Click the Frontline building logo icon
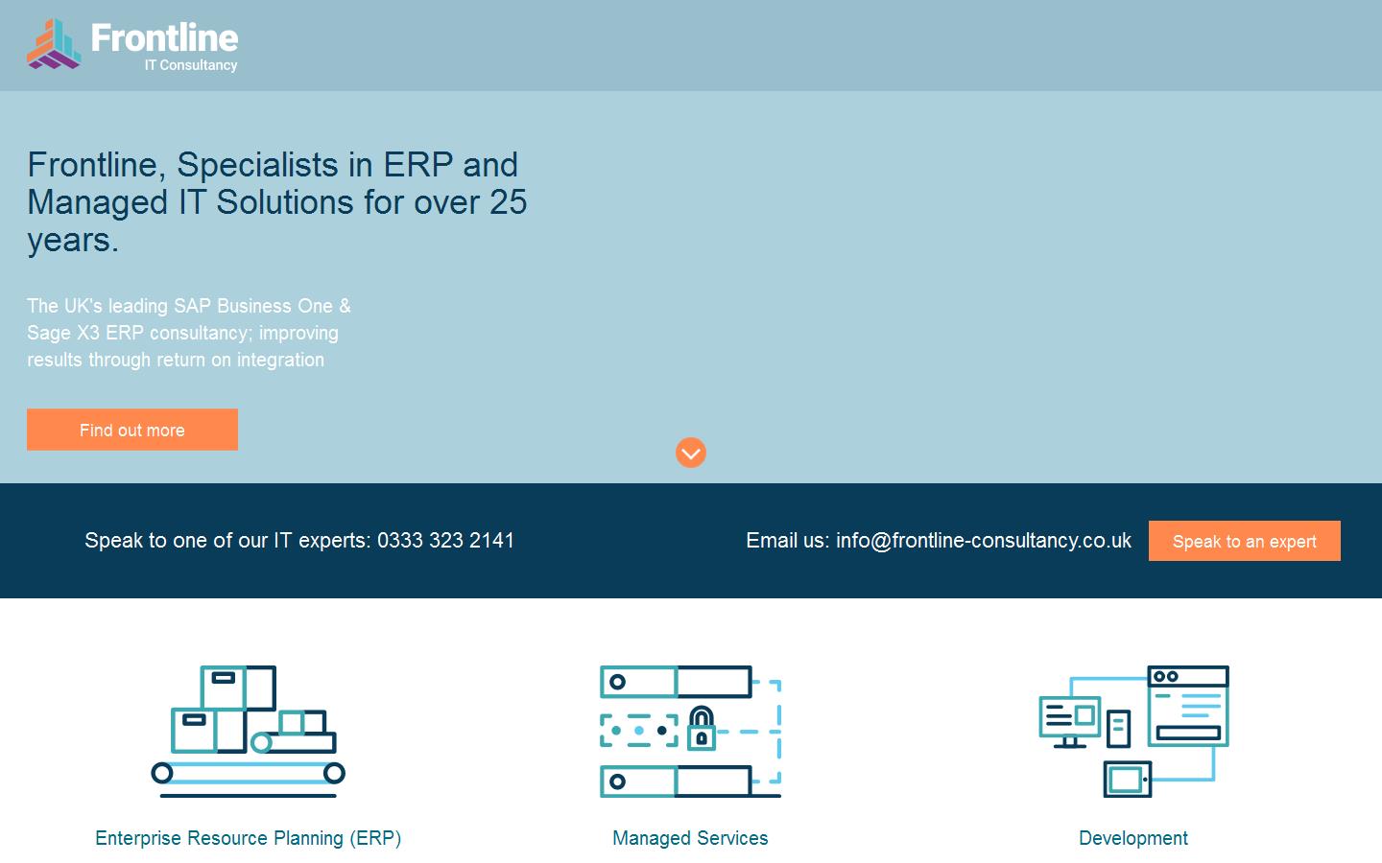(x=54, y=44)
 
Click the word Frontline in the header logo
(x=164, y=37)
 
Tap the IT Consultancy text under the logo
(x=191, y=65)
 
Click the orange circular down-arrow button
(x=690, y=453)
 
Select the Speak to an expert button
(x=1245, y=541)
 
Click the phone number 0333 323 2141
(x=445, y=541)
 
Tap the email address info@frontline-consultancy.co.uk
(x=984, y=541)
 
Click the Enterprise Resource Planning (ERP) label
(x=248, y=838)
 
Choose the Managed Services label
(x=690, y=838)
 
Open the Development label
(x=1133, y=838)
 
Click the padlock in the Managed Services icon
(x=702, y=728)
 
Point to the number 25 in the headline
(x=509, y=202)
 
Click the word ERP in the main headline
(x=418, y=165)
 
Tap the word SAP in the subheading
(x=192, y=306)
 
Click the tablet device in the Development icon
(x=1127, y=780)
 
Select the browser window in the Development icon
(x=1188, y=706)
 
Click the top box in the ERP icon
(x=238, y=688)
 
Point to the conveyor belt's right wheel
(x=334, y=773)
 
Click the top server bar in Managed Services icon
(x=676, y=682)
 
